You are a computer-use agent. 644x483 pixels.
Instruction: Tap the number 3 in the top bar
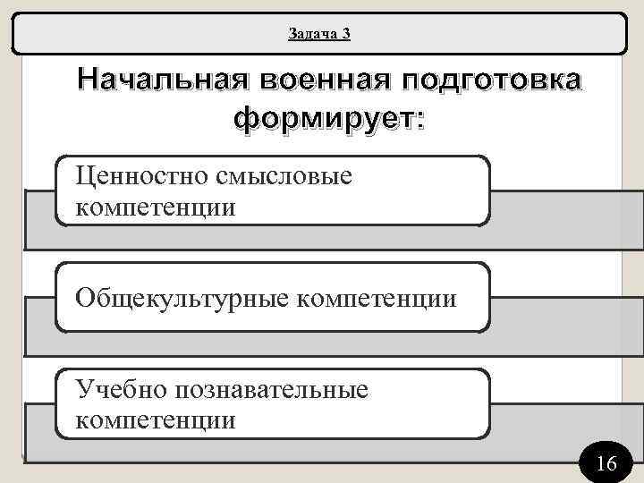pyautogui.click(x=345, y=34)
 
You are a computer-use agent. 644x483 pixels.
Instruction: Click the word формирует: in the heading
pyautogui.click(x=328, y=118)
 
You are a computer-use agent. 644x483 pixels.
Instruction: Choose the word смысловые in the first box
pyautogui.click(x=284, y=175)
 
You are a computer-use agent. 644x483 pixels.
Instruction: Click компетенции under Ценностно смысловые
pyautogui.click(x=157, y=208)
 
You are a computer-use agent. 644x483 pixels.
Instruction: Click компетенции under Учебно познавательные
pyautogui.click(x=157, y=419)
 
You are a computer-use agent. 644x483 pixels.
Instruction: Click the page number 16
pyautogui.click(x=606, y=463)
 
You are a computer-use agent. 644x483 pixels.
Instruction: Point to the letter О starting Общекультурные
pyautogui.click(x=86, y=296)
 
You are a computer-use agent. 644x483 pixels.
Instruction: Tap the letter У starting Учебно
pyautogui.click(x=85, y=388)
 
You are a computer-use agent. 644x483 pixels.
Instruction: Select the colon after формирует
pyautogui.click(x=419, y=120)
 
